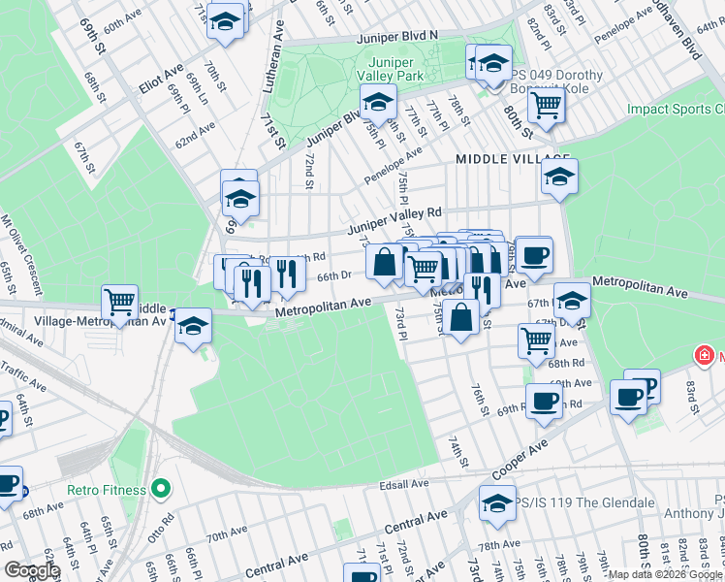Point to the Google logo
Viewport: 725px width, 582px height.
point(31,570)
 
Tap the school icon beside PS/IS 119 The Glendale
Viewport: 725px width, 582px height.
point(497,503)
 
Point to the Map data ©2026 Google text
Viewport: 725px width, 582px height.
point(665,574)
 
